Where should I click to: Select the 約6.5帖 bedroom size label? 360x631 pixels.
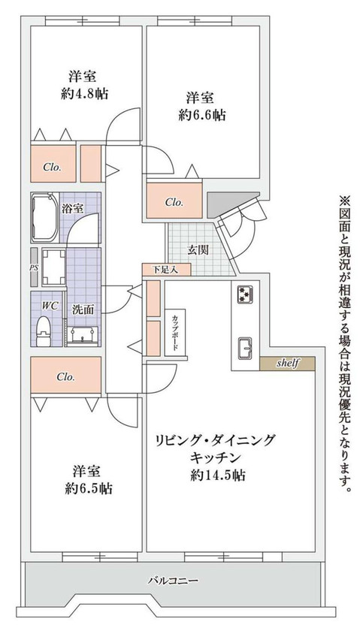point(89,488)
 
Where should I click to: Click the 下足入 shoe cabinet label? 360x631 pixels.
point(159,269)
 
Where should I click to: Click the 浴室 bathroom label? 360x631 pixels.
point(72,207)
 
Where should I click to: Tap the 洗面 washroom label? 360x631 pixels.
point(83,309)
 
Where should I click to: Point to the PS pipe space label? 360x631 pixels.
point(34,267)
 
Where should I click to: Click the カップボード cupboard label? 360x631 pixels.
point(174,332)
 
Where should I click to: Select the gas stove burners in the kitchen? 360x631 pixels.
point(245,294)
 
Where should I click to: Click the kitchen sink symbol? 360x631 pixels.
point(245,346)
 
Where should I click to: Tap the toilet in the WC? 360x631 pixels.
point(44,327)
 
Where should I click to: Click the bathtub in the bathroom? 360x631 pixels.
point(46,218)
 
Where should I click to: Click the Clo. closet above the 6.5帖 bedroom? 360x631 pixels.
point(66,376)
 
